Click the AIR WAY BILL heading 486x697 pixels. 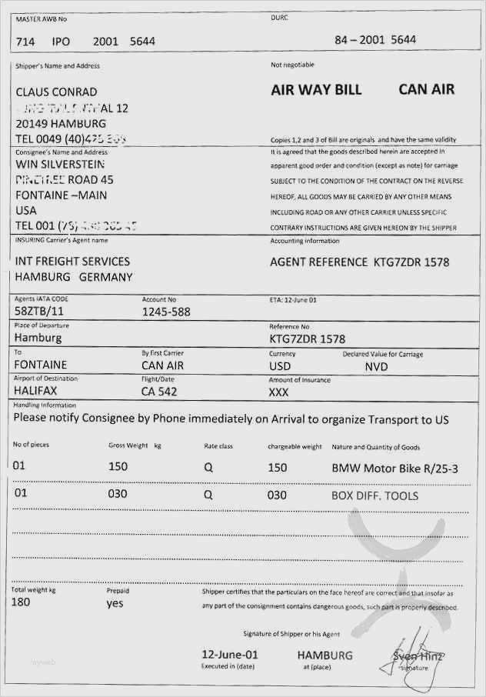tap(316, 90)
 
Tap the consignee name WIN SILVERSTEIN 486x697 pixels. tap(60, 164)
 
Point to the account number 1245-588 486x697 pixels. tap(166, 312)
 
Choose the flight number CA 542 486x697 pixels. tap(159, 392)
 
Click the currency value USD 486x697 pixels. tap(280, 366)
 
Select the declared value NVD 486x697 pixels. tap(376, 366)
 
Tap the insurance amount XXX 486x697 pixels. tap(278, 392)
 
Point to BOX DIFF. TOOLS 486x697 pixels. tap(374, 495)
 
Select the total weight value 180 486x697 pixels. tap(22, 602)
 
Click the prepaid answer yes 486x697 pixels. tap(115, 603)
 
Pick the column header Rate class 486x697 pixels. tap(218, 446)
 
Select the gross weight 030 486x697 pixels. tap(117, 494)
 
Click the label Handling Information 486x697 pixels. tap(45, 405)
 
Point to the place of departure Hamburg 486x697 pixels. tap(38, 337)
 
